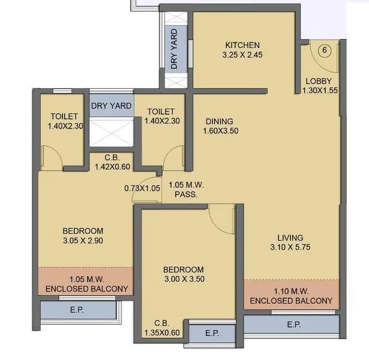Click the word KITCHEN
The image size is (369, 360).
click(242, 45)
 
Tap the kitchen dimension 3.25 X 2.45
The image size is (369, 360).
click(242, 55)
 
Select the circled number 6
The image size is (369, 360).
click(324, 50)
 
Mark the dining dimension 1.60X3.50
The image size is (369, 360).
click(221, 130)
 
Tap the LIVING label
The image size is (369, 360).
click(290, 238)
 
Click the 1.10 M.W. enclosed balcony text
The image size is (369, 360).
click(291, 296)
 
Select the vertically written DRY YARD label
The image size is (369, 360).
click(174, 49)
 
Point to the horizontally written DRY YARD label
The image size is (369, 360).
click(112, 106)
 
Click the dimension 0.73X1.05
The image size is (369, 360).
click(143, 188)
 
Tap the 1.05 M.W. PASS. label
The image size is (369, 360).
click(187, 190)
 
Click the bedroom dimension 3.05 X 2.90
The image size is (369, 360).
click(83, 240)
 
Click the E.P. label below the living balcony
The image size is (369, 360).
click(293, 325)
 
